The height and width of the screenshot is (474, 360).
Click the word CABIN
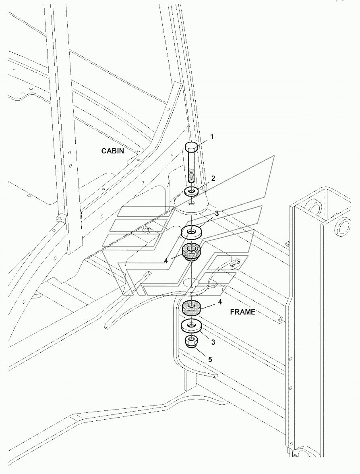tap(112, 151)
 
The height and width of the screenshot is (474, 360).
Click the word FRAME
tap(243, 312)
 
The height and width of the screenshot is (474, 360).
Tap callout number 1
tap(212, 137)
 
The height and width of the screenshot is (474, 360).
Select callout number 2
tap(213, 178)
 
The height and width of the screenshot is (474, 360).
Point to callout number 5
tap(210, 360)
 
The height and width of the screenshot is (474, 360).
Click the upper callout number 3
tap(217, 213)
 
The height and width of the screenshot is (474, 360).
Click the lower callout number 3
tap(213, 342)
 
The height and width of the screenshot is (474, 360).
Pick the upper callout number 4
tap(166, 261)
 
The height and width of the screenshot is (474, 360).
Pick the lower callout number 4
tap(220, 302)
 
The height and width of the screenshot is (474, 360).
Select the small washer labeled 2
tap(191, 191)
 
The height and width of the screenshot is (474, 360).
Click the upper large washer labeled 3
tap(192, 232)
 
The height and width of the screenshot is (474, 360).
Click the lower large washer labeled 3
tap(192, 325)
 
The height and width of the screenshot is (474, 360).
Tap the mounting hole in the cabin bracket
tap(191, 203)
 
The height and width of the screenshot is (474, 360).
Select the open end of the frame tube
tap(281, 320)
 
